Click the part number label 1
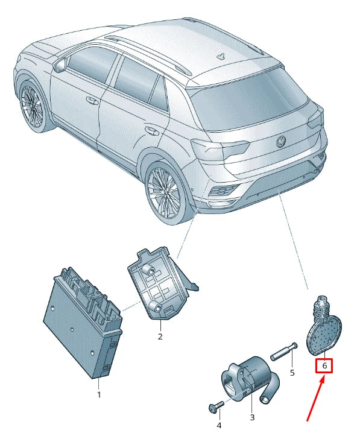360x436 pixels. [99, 395]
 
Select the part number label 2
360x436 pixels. [160, 336]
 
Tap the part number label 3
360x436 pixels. [252, 417]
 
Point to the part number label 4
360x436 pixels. [219, 426]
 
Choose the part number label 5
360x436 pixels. [292, 373]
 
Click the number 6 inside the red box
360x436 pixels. [324, 365]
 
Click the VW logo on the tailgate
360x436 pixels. [280, 142]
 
